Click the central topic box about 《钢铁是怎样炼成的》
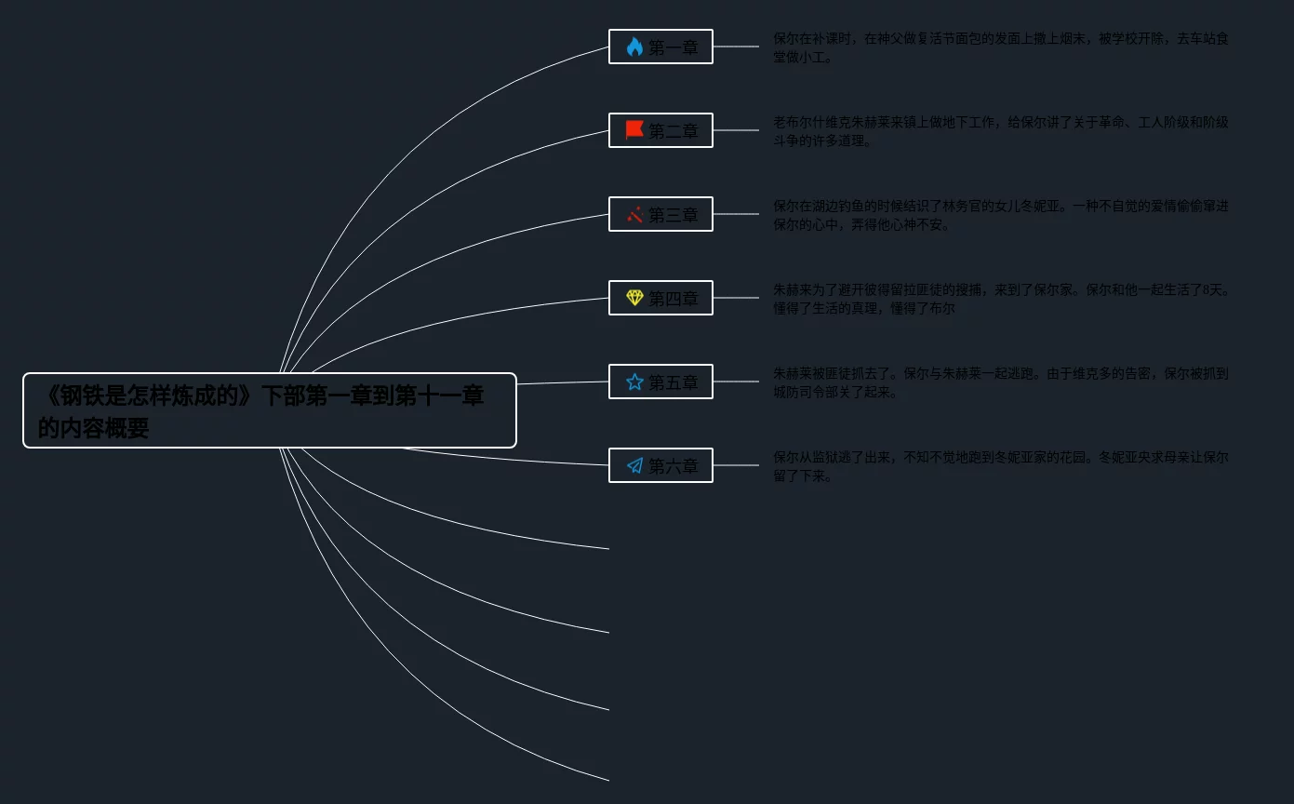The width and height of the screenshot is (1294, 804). click(x=270, y=410)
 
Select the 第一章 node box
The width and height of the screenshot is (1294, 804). click(x=660, y=47)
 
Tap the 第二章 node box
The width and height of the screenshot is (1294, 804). click(x=660, y=130)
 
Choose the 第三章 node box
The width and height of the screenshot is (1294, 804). click(x=660, y=214)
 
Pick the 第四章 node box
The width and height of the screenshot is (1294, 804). click(x=660, y=298)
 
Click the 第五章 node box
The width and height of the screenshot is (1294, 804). click(x=660, y=382)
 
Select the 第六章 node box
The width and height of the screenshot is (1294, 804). click(x=660, y=465)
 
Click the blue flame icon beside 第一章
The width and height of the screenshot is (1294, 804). click(x=634, y=47)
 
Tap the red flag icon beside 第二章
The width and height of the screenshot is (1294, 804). click(x=634, y=130)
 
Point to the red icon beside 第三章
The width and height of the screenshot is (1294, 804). click(x=634, y=214)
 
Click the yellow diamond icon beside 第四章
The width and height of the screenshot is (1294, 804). click(x=634, y=298)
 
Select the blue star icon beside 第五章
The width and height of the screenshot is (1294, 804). click(x=634, y=382)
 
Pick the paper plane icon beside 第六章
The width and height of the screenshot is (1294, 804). click(x=634, y=465)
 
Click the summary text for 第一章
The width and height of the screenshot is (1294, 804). click(x=1000, y=47)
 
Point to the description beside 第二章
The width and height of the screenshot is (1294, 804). click(x=1000, y=131)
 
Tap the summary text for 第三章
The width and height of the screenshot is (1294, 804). click(x=1000, y=215)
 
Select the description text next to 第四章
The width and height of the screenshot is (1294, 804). click(x=1000, y=299)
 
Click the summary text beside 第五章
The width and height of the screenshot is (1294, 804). click(x=1000, y=382)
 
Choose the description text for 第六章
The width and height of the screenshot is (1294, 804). click(x=1000, y=466)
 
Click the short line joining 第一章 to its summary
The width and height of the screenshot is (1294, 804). click(x=736, y=47)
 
